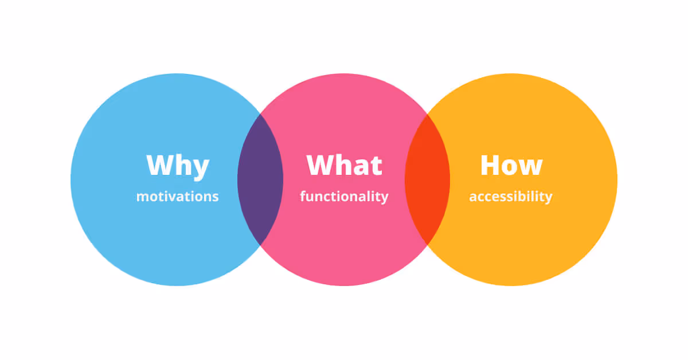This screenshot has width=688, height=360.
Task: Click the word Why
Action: (x=178, y=166)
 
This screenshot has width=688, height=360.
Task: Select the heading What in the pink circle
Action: (x=344, y=166)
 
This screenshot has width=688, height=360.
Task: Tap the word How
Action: (x=511, y=166)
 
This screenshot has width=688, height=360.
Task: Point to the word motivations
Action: (x=177, y=197)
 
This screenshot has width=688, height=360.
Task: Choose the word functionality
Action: (x=344, y=197)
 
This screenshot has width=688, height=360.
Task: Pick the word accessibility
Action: (x=510, y=197)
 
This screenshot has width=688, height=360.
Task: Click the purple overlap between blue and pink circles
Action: (x=260, y=179)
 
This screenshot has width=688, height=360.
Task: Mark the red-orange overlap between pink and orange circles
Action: (x=427, y=179)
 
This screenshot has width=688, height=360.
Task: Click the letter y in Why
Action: (x=200, y=168)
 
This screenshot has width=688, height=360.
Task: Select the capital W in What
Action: (x=320, y=165)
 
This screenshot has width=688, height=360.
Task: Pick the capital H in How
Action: (x=490, y=165)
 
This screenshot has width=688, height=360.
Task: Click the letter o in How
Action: (x=510, y=167)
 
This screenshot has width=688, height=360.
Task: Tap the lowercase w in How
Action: (x=531, y=167)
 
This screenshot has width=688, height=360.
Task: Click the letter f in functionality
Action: (x=303, y=196)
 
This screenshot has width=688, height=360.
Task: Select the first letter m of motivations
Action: (x=141, y=197)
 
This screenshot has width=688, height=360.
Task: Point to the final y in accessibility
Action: (x=548, y=198)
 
